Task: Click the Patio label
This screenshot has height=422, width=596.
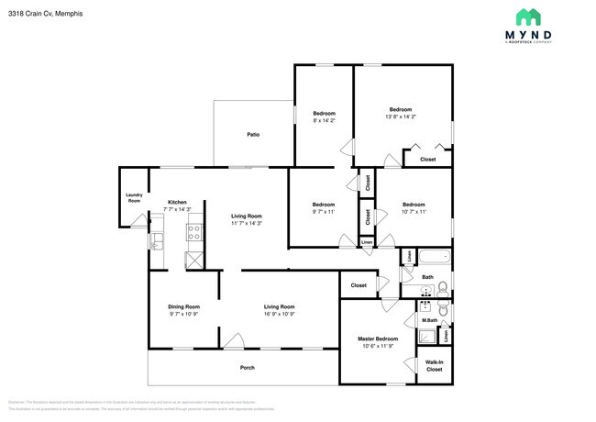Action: pos(252,135)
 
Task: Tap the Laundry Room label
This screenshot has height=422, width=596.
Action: pos(134,197)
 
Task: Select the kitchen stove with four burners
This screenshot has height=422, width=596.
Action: pos(194,233)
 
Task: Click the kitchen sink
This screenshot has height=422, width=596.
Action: pos(157,241)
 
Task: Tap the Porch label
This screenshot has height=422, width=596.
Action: pos(247,368)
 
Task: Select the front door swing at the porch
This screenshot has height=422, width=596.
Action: pos(236,342)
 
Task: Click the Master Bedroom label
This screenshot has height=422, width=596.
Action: pos(377,339)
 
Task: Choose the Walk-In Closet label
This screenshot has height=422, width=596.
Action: pos(435,367)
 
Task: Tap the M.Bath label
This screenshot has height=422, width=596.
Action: pos(429,320)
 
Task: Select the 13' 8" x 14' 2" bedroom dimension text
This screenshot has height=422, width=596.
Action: pos(401,117)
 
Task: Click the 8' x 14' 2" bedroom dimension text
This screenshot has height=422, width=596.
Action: pos(324,120)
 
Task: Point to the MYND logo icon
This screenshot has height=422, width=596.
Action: pos(527,17)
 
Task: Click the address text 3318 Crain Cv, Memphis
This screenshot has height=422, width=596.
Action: pos(41,12)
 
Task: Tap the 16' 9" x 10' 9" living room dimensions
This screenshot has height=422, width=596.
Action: pos(280,314)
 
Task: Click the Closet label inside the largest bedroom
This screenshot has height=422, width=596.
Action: pos(428,160)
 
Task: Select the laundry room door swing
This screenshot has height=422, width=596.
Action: pos(138,220)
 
